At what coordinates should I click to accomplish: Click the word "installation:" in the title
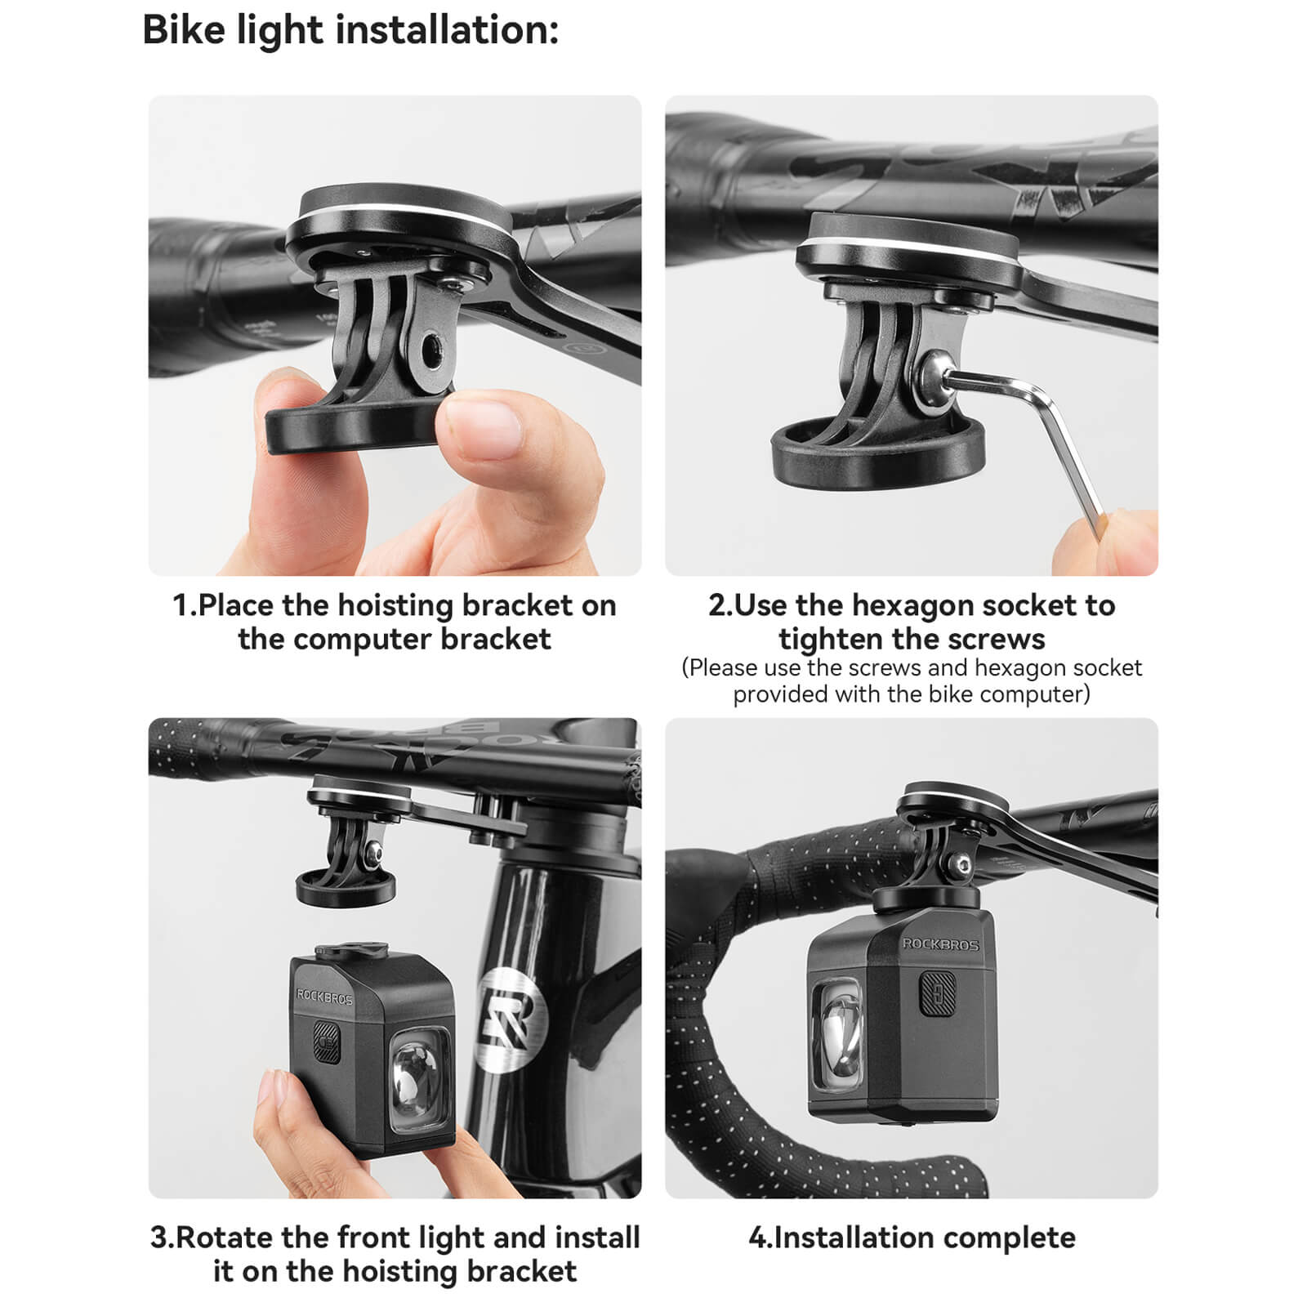[x=448, y=30]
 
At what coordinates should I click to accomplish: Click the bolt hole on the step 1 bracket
[x=428, y=350]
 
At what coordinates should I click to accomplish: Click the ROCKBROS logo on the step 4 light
[x=940, y=944]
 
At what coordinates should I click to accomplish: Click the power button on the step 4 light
[x=938, y=994]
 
